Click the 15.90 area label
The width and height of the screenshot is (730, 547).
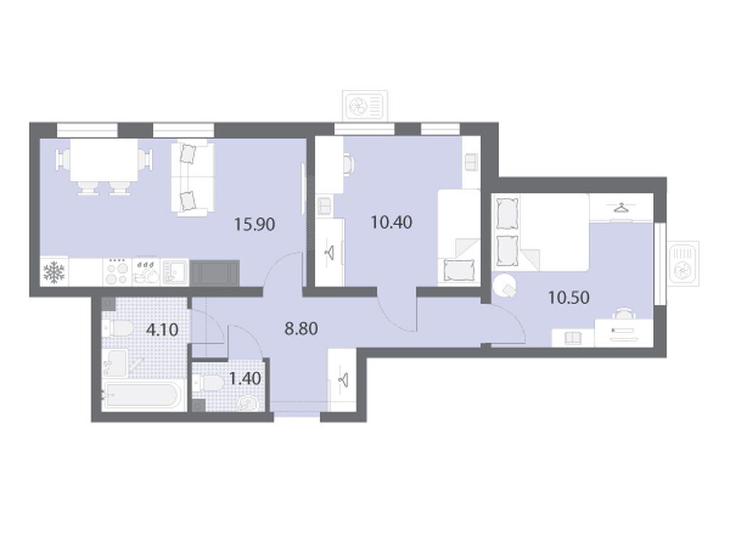[255, 224]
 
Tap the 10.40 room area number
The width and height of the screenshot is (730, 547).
[391, 222]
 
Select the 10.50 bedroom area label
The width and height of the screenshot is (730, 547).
[569, 297]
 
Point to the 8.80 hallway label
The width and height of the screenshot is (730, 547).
[302, 329]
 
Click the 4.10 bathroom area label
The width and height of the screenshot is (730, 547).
[162, 330]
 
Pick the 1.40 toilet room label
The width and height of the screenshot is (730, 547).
[245, 379]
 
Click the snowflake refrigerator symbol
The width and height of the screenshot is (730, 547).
[54, 272]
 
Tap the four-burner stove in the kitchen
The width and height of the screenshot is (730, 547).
[116, 271]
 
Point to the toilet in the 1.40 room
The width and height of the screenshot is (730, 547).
[209, 384]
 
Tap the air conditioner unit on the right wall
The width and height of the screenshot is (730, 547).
[684, 264]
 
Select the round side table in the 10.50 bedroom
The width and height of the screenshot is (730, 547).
[505, 285]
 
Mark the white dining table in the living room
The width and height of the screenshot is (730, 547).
[104, 160]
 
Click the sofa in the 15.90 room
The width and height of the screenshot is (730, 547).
[192, 179]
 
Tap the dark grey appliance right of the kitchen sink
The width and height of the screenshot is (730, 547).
[215, 273]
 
